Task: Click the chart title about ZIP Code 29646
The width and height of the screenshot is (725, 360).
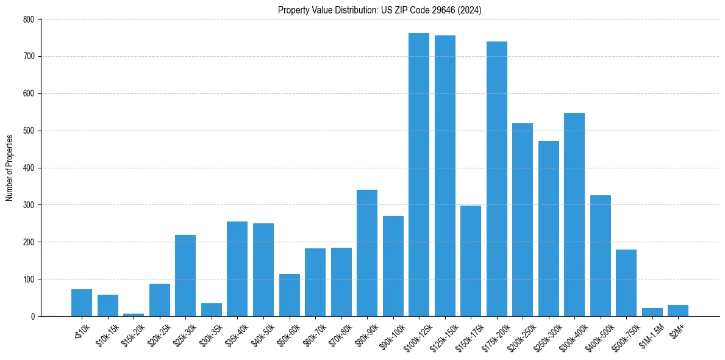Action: [x=380, y=10]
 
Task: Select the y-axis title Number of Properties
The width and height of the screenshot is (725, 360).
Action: [x=10, y=168]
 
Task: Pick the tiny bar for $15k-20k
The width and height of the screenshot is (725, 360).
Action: [x=134, y=314]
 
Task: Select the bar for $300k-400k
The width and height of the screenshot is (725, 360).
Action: [x=574, y=214]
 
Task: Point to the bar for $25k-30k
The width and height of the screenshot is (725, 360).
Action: [x=185, y=275]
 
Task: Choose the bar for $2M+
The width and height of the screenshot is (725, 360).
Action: [x=678, y=311]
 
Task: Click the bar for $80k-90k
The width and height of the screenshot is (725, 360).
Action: [x=366, y=253]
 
